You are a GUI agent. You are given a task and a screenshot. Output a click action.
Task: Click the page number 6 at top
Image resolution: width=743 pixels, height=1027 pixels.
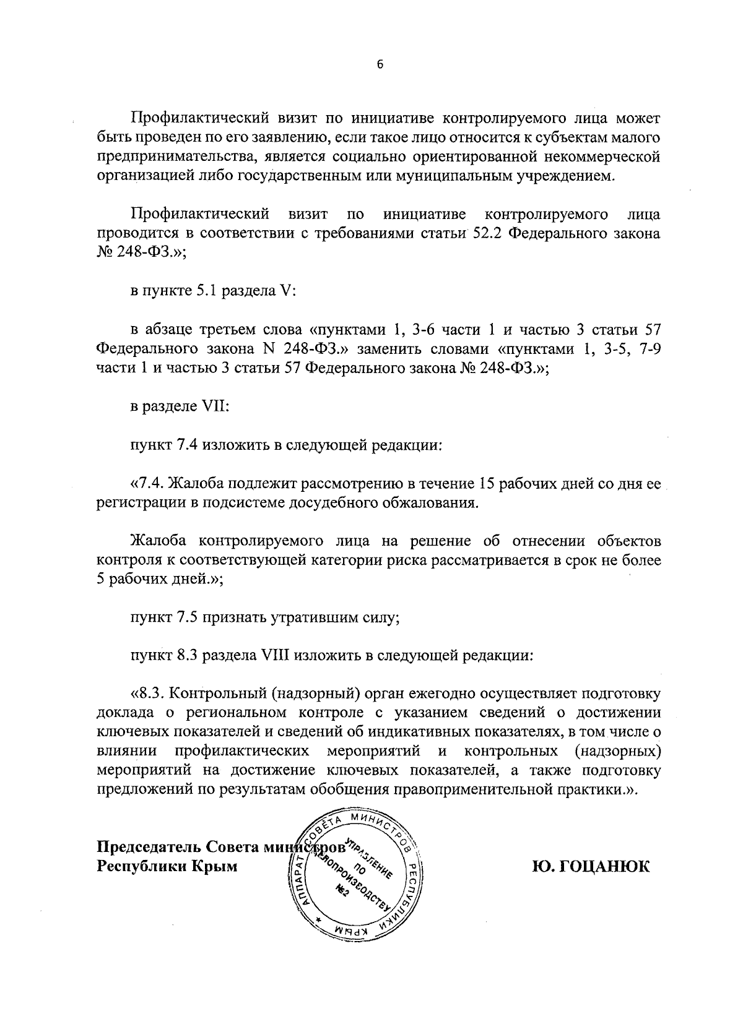tap(380, 64)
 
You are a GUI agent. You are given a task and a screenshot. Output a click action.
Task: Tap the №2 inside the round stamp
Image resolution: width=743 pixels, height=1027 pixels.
tap(342, 889)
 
